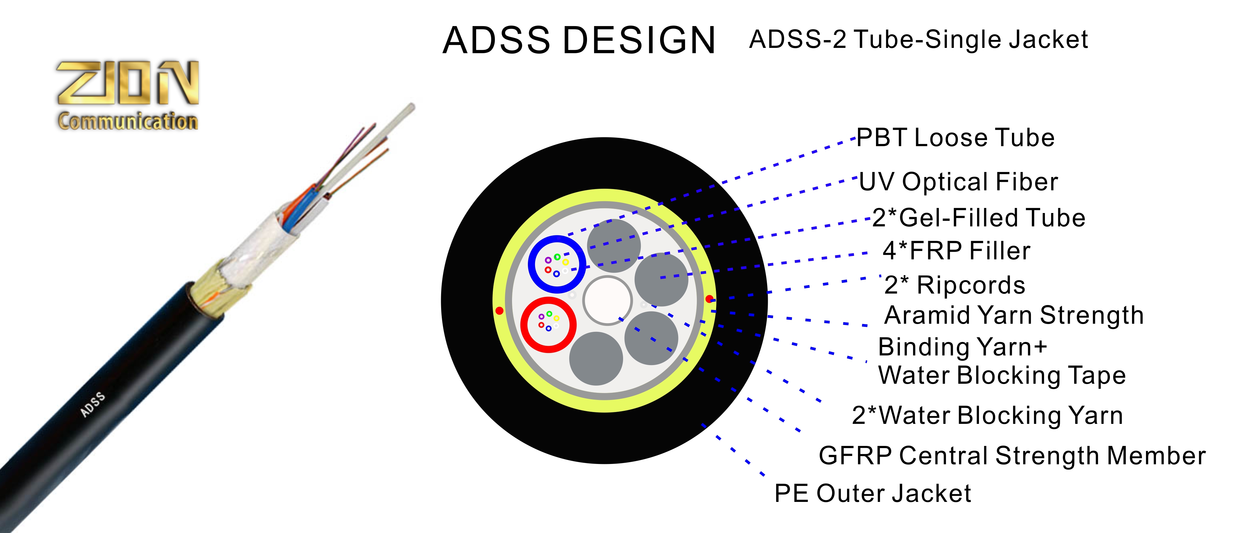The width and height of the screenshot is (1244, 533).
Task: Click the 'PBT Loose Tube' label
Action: coord(955,138)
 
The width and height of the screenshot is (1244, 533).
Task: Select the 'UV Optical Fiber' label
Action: coord(958,182)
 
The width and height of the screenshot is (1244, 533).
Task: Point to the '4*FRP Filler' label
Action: coord(956,251)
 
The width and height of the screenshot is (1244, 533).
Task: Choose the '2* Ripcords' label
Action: coord(955,285)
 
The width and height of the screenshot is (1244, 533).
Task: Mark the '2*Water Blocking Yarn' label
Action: coord(987,415)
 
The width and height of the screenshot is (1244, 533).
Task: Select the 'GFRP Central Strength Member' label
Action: coord(1012,456)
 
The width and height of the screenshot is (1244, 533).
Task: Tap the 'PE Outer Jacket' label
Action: coord(873,494)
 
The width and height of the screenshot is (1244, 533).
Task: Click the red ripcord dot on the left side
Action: coord(499,310)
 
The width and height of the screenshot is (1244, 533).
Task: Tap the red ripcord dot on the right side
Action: coord(708,299)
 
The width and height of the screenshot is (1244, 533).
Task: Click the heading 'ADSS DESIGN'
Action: coord(579,40)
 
